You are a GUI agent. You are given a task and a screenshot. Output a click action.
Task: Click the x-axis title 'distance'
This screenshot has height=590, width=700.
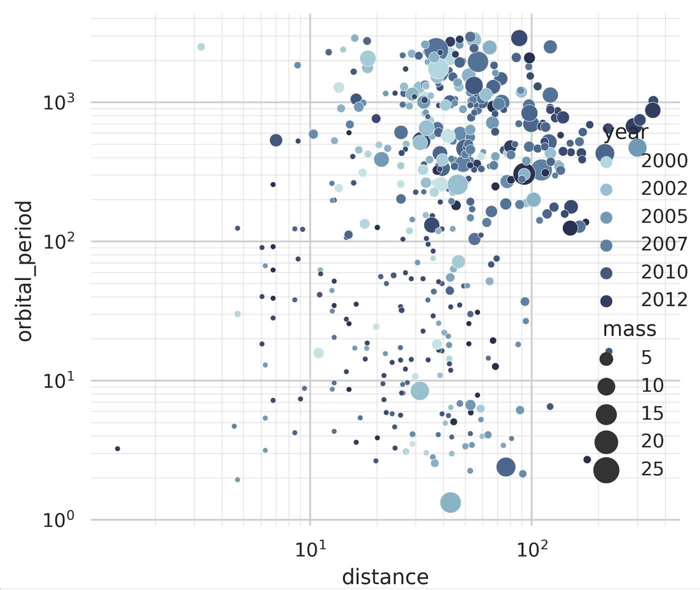coord(385,576)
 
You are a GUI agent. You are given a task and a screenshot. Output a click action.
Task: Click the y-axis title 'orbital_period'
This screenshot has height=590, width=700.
coord(24,271)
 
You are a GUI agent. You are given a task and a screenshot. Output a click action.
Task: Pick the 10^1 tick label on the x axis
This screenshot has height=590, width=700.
coord(310,550)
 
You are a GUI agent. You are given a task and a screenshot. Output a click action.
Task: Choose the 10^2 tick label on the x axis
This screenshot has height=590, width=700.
coord(531,550)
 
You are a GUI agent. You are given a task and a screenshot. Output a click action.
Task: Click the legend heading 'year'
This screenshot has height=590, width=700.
coord(625,133)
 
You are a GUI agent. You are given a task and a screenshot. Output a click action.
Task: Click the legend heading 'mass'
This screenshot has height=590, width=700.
coord(629,329)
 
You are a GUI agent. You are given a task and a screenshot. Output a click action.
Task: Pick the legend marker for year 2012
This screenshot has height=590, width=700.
coord(606,301)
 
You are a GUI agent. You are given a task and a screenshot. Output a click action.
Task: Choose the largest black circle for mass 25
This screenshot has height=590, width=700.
coord(606,470)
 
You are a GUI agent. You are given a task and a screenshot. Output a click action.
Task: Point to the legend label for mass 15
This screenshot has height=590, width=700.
coord(652,413)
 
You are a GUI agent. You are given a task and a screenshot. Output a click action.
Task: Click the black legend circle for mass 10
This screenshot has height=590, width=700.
coord(606,386)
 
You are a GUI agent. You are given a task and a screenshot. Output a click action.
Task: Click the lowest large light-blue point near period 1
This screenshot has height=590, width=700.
coord(450,502)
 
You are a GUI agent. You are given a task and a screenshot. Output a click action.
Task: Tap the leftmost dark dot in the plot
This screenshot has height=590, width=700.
coord(117,448)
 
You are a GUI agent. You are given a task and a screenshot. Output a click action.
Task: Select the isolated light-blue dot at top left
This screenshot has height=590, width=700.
coord(201,46)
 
